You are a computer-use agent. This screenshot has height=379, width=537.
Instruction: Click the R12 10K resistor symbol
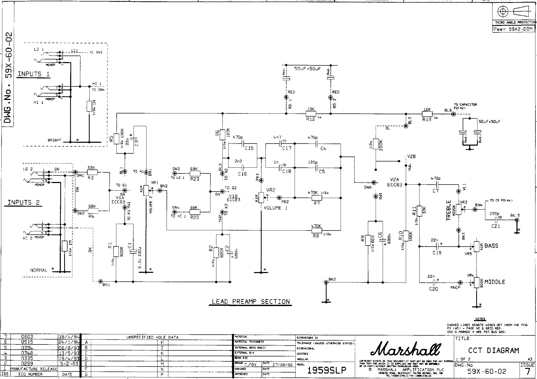[311, 113]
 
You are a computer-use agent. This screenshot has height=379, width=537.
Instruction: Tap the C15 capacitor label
[249, 148]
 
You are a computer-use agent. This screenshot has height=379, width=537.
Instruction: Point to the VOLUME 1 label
[276, 208]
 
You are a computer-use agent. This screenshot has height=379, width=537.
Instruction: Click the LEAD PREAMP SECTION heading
[251, 302]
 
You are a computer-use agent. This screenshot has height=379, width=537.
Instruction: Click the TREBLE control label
[448, 211]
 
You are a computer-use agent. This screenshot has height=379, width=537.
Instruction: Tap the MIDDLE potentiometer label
[495, 282]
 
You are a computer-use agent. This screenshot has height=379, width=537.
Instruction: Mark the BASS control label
[491, 246]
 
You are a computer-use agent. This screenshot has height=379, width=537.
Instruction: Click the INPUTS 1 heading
[33, 74]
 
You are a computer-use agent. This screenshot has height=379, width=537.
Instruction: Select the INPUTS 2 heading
[24, 203]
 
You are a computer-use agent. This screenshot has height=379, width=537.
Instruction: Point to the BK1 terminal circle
[101, 281]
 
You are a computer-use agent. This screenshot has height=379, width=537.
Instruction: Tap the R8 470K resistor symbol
[317, 230]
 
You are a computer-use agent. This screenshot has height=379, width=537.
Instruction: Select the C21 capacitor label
[495, 226]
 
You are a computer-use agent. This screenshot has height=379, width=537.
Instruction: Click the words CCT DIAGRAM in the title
[493, 350]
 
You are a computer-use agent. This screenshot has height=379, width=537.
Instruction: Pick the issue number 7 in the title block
[527, 372]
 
